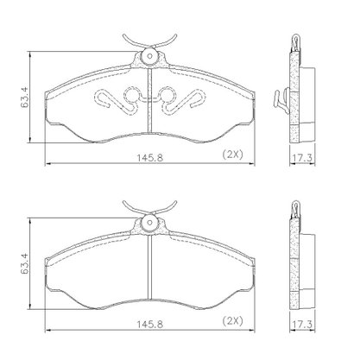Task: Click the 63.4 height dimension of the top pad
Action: (25, 97)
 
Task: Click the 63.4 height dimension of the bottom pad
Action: (25, 263)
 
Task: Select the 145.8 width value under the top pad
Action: (149, 157)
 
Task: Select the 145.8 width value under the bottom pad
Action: (149, 325)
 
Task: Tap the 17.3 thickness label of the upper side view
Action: (302, 158)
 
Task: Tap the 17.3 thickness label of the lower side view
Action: (302, 325)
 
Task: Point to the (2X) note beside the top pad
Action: (233, 155)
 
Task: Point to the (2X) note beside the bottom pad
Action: (233, 321)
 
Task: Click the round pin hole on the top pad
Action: (149, 56)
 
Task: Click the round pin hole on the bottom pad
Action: (149, 223)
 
